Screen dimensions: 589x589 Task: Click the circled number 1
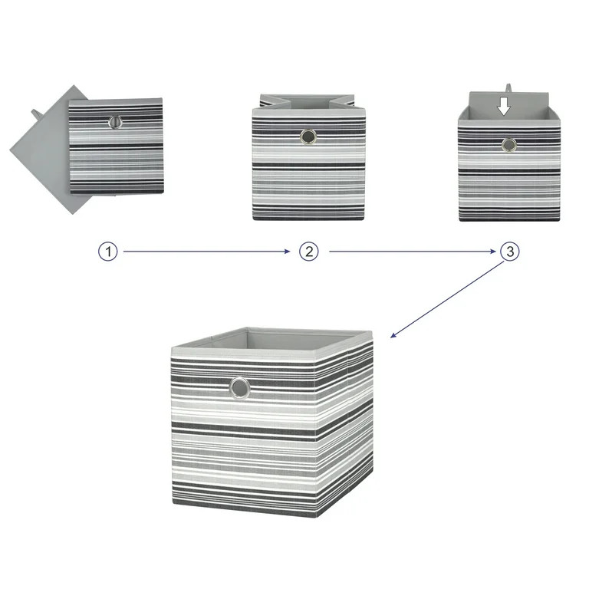click(108, 252)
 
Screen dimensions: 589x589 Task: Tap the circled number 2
click(308, 252)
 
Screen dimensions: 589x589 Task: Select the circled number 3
click(509, 252)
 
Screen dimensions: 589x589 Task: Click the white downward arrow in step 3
click(503, 106)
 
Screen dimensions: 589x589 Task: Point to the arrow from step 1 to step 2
click(207, 252)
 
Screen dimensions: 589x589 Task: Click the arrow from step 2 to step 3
click(410, 252)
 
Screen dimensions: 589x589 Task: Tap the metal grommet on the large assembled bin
click(240, 389)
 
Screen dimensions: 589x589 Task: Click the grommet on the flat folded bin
click(116, 122)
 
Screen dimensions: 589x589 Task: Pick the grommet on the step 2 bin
click(308, 138)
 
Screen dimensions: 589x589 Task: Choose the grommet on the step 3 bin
click(508, 145)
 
